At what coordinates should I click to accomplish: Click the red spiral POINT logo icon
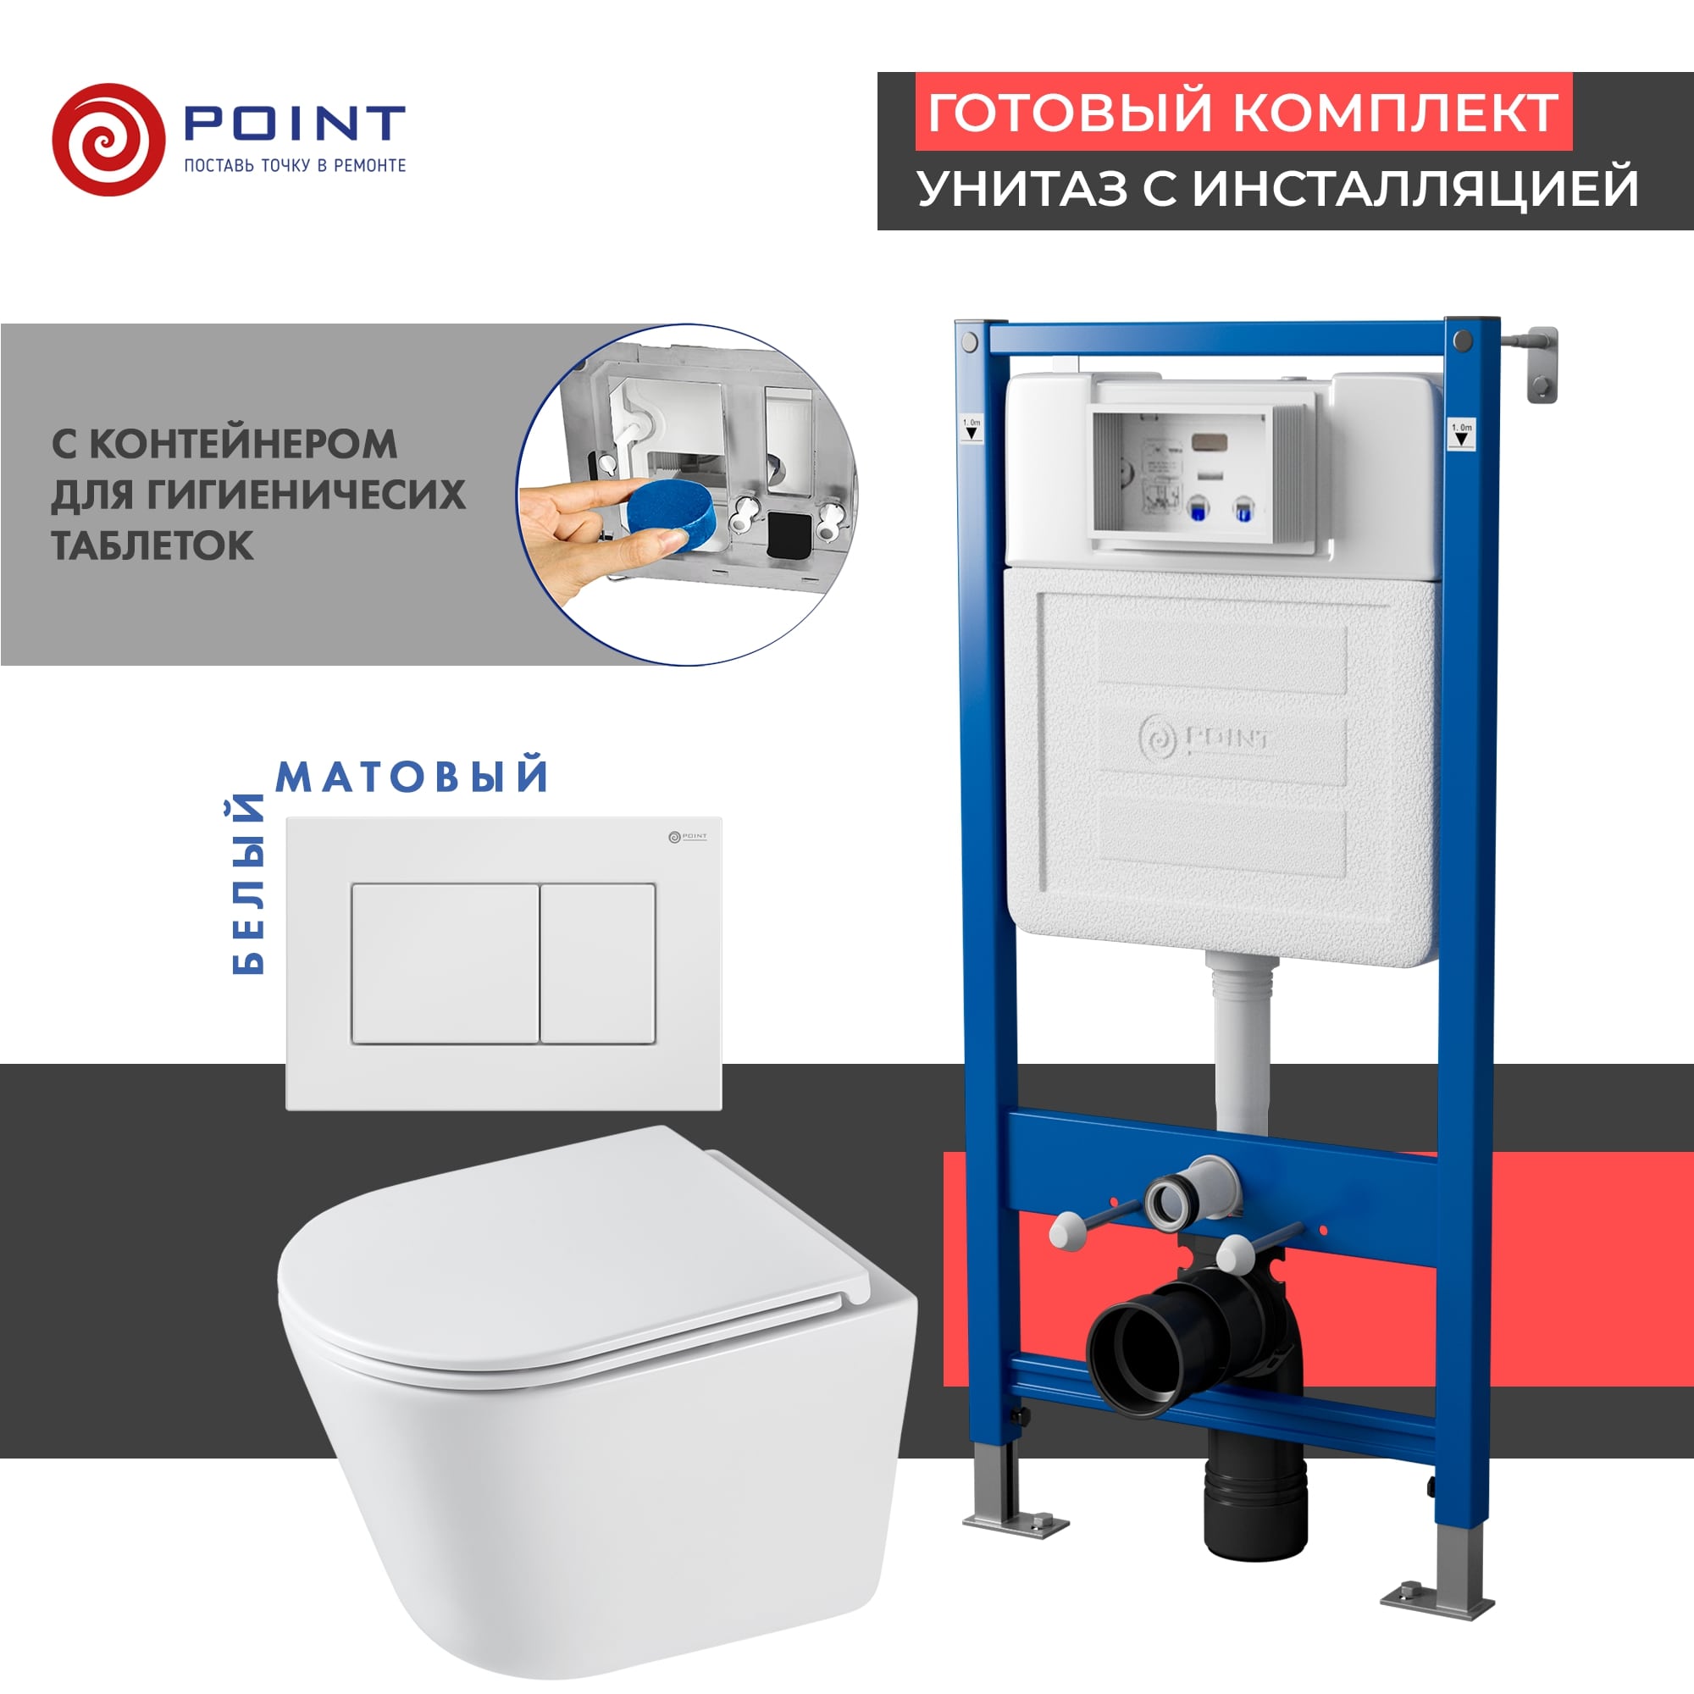coord(108,140)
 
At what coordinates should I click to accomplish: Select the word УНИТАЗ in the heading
coord(1021,189)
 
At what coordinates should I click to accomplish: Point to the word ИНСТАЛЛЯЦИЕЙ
coord(1415,189)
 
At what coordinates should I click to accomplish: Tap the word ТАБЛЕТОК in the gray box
coord(152,545)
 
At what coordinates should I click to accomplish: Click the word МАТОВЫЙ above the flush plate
coord(413,776)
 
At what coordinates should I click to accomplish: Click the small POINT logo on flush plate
coord(688,837)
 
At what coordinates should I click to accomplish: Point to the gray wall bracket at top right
coord(1541,363)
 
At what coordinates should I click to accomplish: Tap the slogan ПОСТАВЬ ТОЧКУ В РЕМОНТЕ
coord(295,166)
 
